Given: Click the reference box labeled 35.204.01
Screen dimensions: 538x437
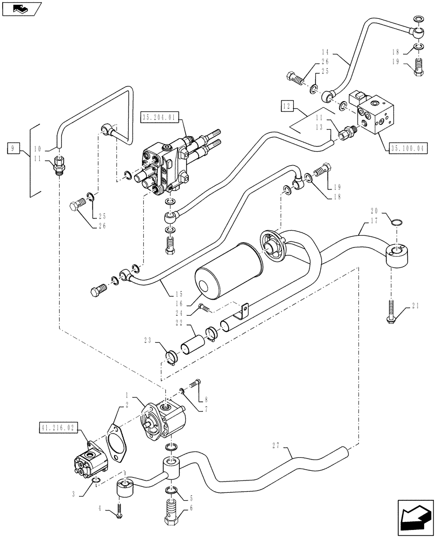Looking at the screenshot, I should pos(159,116).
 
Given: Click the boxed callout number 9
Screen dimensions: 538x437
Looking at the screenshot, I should pos(14,146).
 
